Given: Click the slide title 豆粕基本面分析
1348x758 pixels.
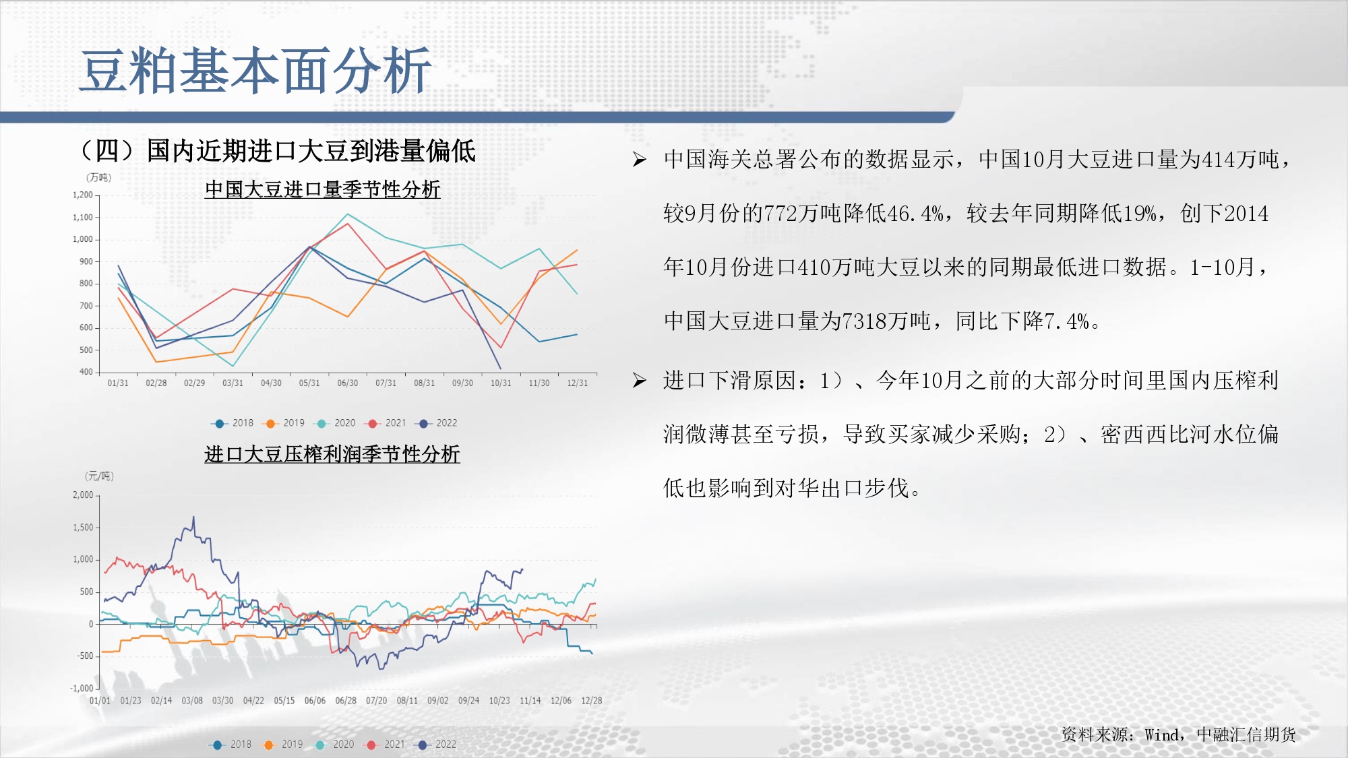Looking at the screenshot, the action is (255, 70).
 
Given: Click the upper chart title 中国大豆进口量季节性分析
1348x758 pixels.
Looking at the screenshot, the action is (322, 189).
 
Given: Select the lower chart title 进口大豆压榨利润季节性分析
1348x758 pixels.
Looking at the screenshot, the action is (332, 454).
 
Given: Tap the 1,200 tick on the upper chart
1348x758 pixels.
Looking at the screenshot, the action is (83, 195).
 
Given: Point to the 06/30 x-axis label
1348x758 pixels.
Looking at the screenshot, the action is (348, 383).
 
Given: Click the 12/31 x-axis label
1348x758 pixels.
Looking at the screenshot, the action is (578, 383).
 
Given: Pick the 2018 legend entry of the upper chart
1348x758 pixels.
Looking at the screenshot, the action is (232, 423).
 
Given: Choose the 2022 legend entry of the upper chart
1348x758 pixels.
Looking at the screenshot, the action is (436, 423).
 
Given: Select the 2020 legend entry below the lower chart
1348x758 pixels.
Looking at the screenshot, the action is (334, 745).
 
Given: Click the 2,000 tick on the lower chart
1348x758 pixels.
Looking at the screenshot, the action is (83, 495).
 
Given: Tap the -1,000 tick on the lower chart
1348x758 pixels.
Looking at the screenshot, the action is (82, 688).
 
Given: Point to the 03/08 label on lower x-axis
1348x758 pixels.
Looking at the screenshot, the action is (192, 701).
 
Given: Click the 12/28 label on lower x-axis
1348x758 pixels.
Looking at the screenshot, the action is (592, 701).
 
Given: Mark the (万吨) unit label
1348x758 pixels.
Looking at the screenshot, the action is (99, 178).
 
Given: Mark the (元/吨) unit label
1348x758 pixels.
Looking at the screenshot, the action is (99, 476).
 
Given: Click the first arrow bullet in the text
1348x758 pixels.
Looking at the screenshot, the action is (639, 160).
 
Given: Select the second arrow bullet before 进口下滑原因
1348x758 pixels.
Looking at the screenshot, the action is (639, 381).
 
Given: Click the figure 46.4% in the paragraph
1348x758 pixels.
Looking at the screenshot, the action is (915, 214).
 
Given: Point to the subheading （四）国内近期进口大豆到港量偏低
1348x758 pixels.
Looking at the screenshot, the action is (278, 151).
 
